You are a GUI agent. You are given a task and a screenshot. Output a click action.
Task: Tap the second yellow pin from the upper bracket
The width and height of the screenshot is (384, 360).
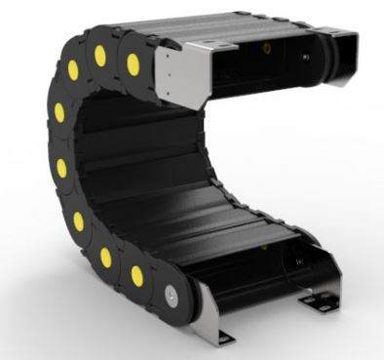100,57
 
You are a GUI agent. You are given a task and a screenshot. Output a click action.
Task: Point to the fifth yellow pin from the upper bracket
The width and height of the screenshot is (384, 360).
61,169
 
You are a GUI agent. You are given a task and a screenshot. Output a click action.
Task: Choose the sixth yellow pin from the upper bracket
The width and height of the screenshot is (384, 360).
78,221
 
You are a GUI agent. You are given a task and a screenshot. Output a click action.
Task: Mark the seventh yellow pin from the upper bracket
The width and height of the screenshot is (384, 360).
105,257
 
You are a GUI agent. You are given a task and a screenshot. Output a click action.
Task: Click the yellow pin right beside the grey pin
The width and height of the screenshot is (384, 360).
137,274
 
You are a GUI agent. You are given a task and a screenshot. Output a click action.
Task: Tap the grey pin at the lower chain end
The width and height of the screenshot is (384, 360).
173,291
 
